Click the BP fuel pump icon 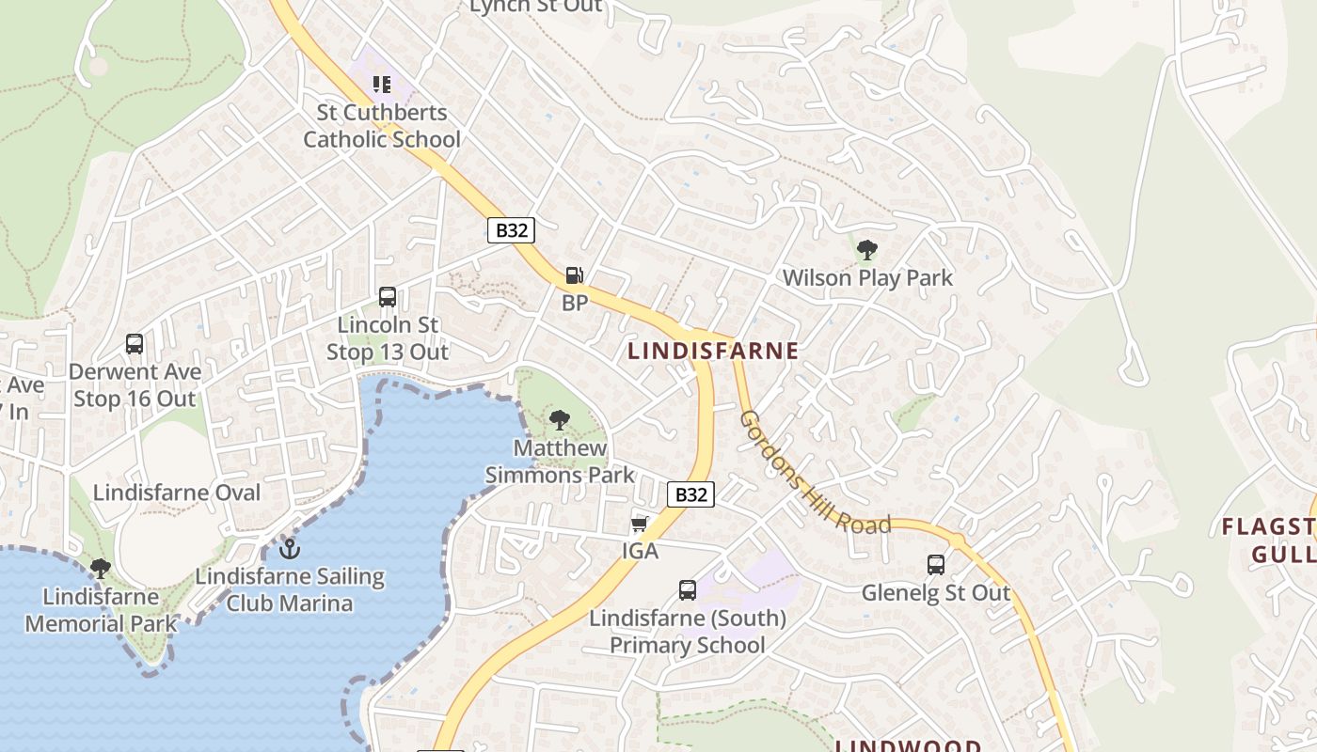click(574, 275)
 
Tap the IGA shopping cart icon click(640, 524)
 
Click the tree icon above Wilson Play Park click(867, 250)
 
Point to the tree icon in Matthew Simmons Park click(560, 419)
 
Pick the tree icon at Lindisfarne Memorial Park click(101, 568)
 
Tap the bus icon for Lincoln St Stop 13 click(387, 297)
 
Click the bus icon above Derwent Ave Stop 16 click(135, 344)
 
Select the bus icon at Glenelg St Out click(936, 564)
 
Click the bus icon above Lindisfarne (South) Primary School click(688, 590)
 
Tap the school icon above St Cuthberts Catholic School click(381, 85)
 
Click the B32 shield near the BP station click(511, 230)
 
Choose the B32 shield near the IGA click(690, 494)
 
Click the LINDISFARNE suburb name click(713, 352)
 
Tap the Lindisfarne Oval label click(177, 493)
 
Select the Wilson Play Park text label click(867, 278)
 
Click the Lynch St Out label click(535, 7)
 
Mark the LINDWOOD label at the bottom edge click(909, 745)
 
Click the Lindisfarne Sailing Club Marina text click(290, 589)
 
